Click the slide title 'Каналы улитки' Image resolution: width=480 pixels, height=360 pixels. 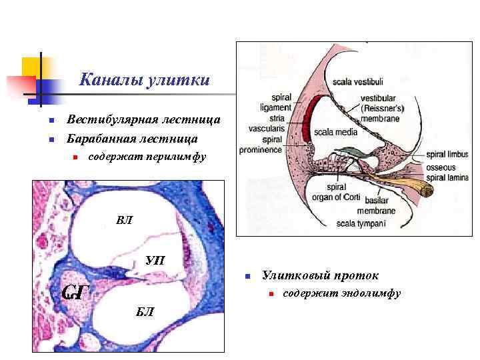[145, 81]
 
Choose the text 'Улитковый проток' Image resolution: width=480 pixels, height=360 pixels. [320, 275]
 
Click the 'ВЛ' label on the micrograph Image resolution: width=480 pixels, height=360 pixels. [124, 220]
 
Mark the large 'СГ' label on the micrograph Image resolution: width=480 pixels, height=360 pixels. [76, 291]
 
